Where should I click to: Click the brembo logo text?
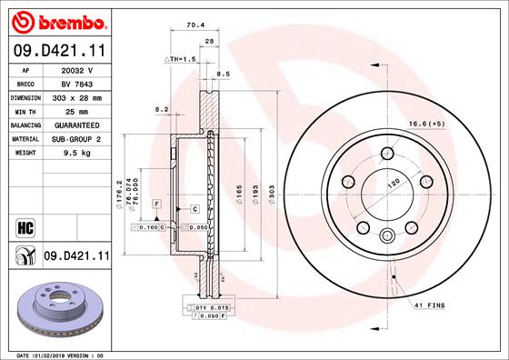[x=73, y=23]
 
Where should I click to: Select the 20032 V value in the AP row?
[x=77, y=70]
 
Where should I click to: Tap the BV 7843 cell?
[x=77, y=85]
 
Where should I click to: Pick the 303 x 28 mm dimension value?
[x=77, y=98]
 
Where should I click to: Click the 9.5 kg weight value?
[x=77, y=153]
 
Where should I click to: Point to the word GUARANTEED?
[x=77, y=125]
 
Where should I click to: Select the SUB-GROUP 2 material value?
[x=76, y=139]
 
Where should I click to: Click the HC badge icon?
[x=25, y=228]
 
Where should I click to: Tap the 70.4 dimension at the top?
[x=195, y=25]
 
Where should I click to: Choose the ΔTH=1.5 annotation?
[x=180, y=59]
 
